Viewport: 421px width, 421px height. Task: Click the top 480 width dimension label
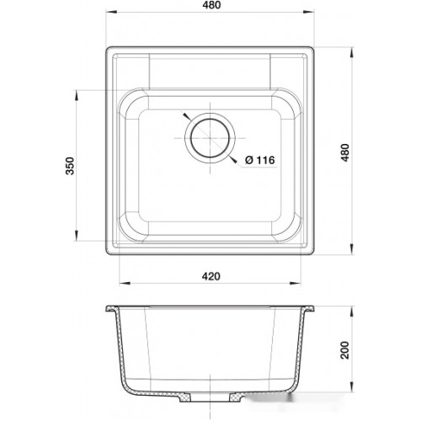coord(212,5)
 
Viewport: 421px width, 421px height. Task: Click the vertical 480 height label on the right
coord(345,152)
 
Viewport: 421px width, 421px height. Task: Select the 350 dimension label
coord(70,166)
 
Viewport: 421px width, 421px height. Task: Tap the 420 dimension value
coord(211,276)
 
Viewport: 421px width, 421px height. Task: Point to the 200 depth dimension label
coord(344,350)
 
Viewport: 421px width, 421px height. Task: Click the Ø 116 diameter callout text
coord(260,160)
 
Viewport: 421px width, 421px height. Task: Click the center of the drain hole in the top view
coord(210,138)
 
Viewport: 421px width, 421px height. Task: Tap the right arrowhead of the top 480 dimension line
coord(308,12)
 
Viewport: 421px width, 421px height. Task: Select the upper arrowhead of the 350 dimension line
coord(76,96)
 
